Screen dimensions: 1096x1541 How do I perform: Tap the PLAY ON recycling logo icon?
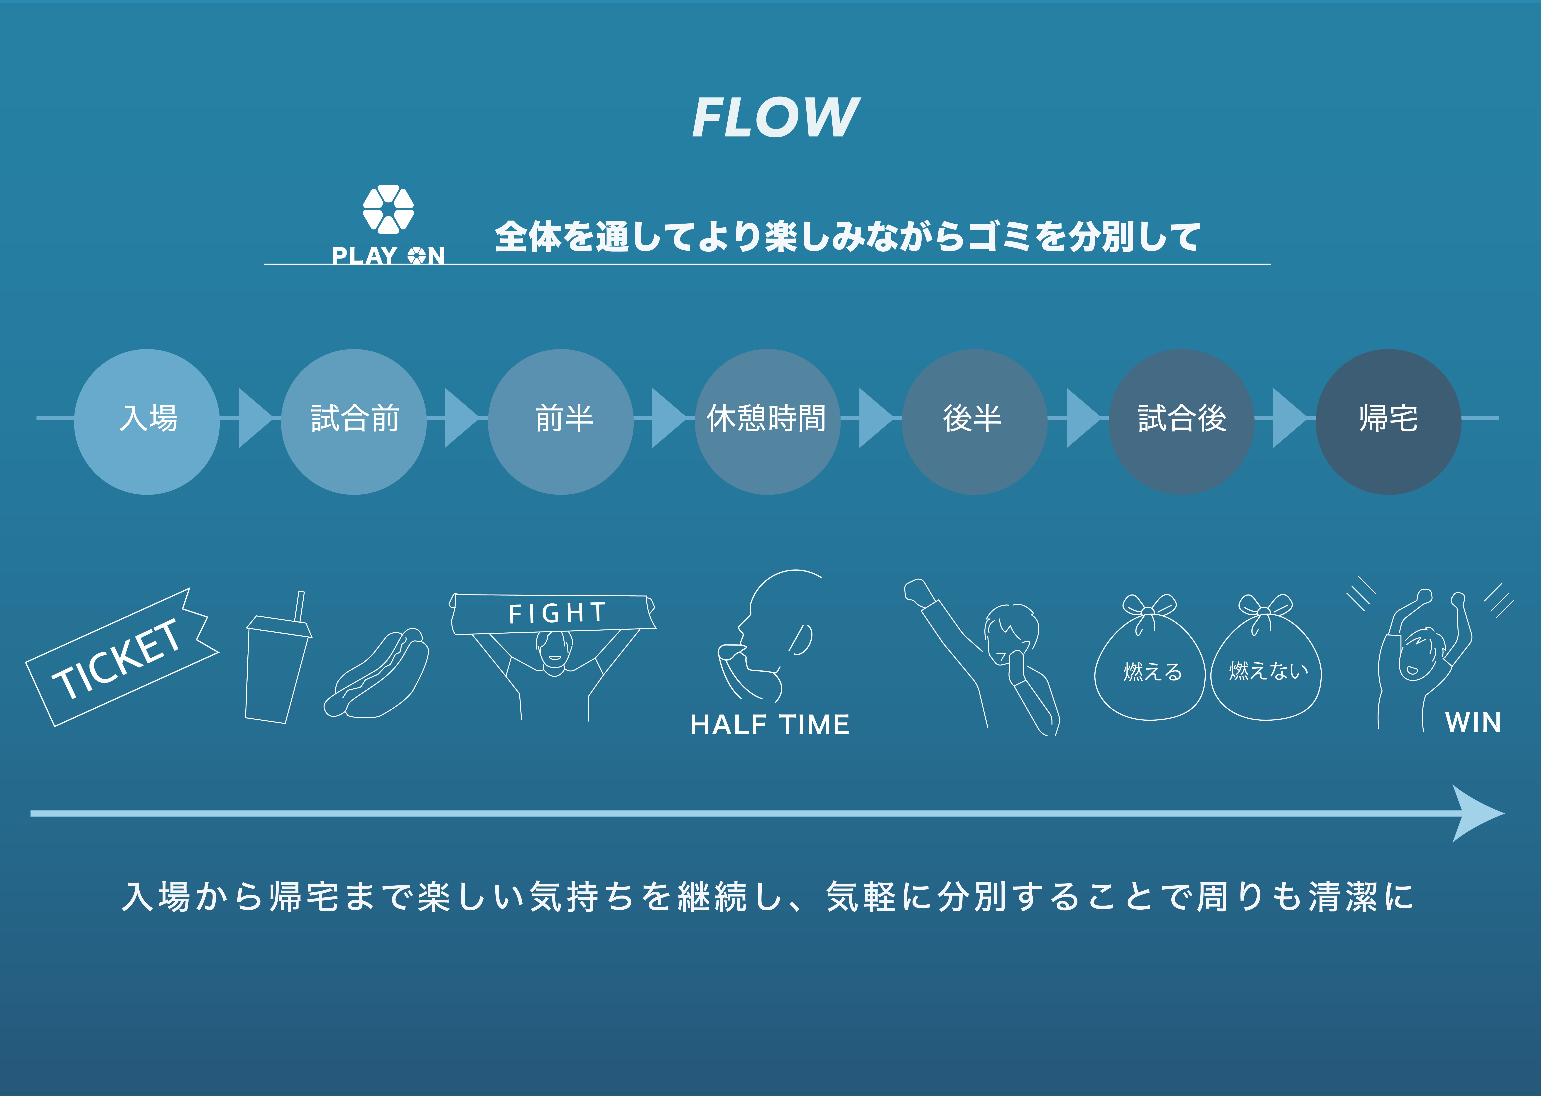388,209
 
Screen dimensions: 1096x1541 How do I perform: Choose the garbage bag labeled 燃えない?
1266,668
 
